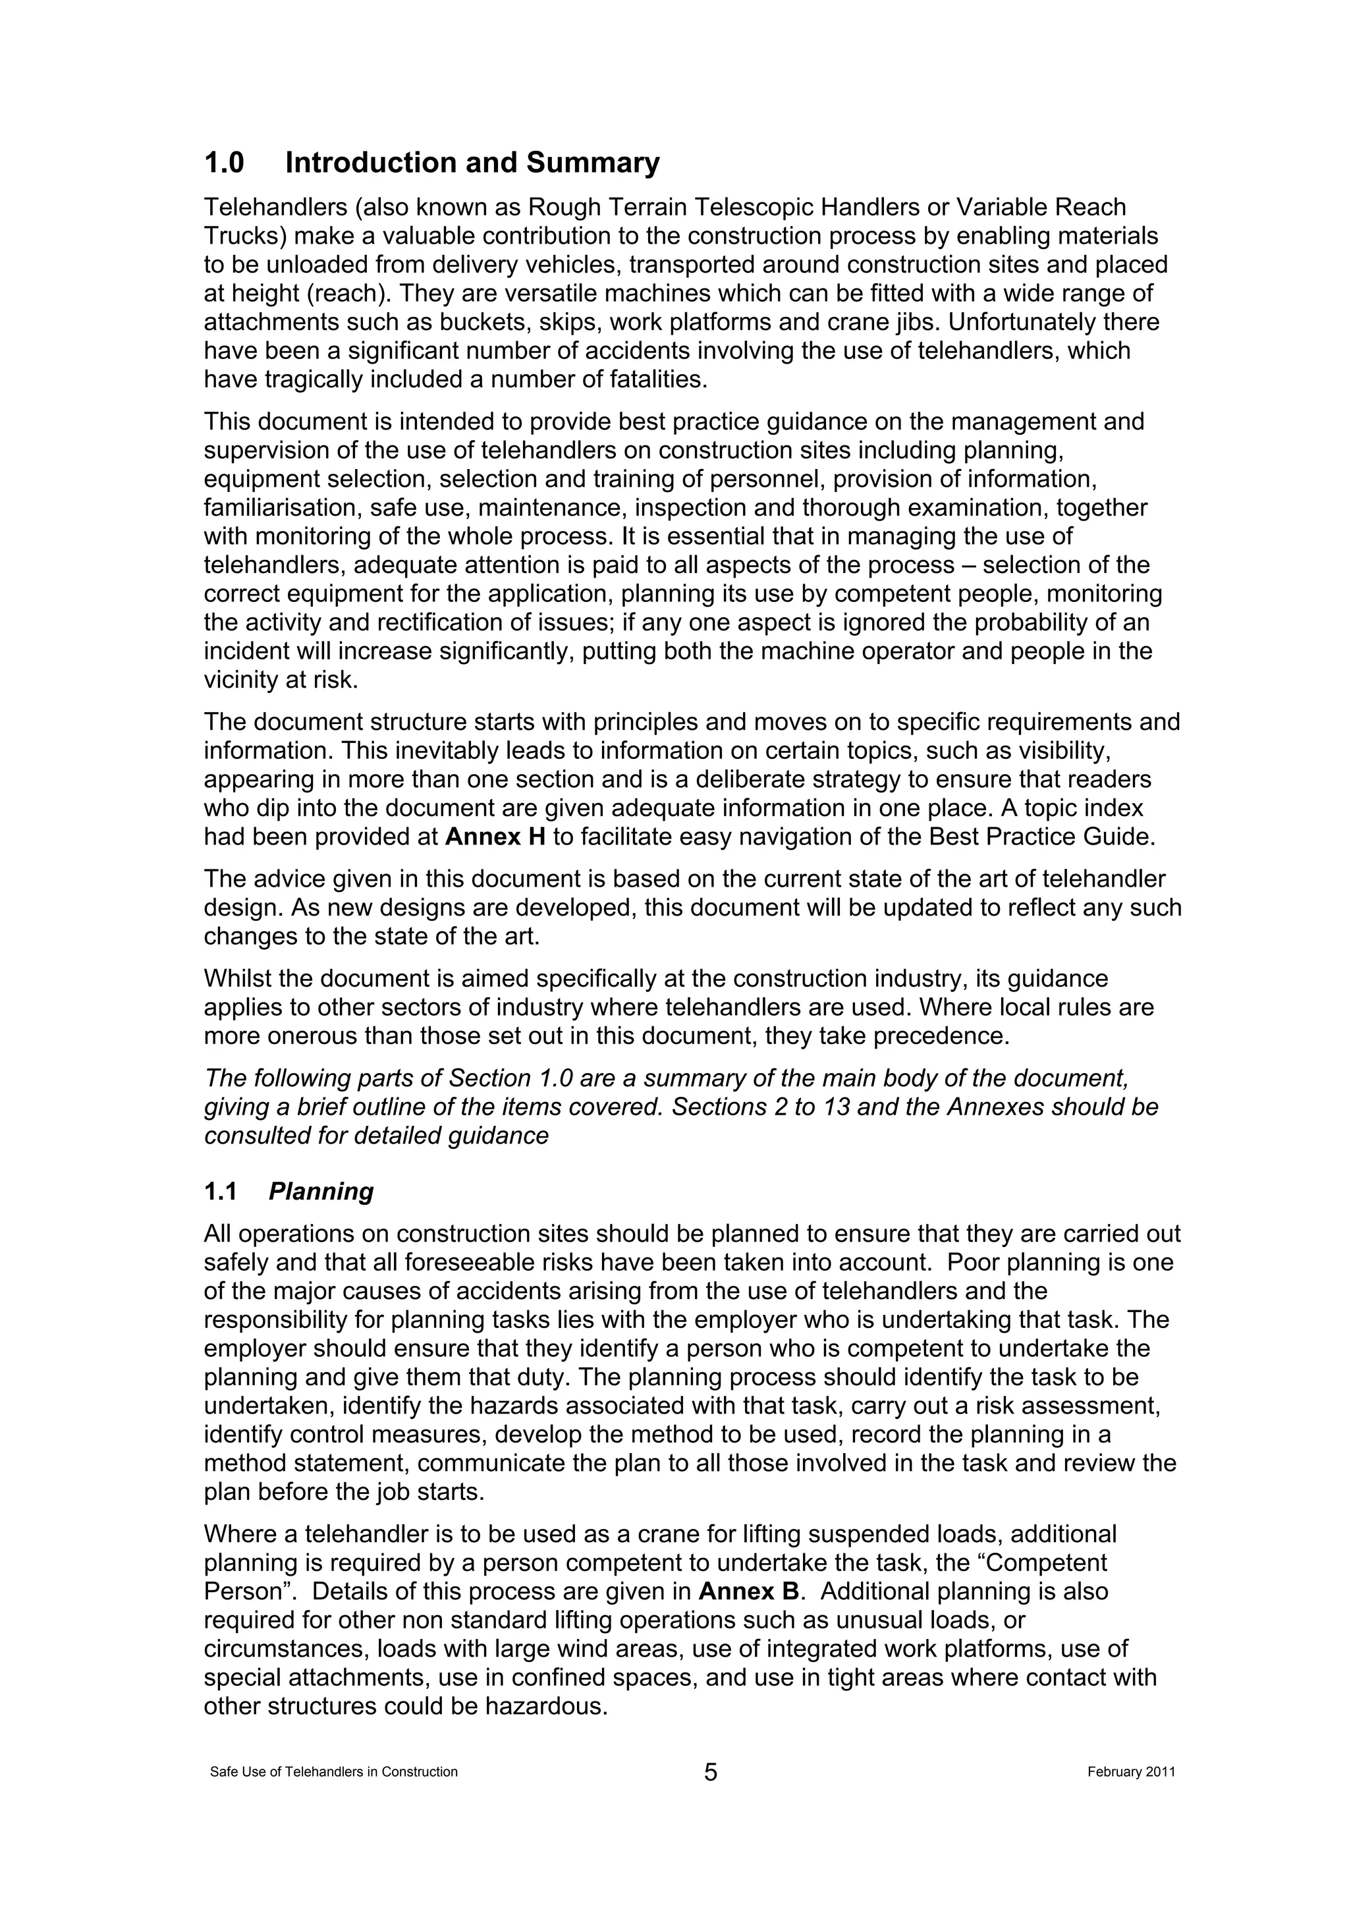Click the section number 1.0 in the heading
pos(225,163)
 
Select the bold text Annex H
pos(495,837)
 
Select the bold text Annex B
pos(749,1591)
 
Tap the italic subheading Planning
pos(321,1192)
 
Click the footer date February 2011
pos(1130,1772)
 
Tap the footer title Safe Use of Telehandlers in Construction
pos(333,1772)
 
